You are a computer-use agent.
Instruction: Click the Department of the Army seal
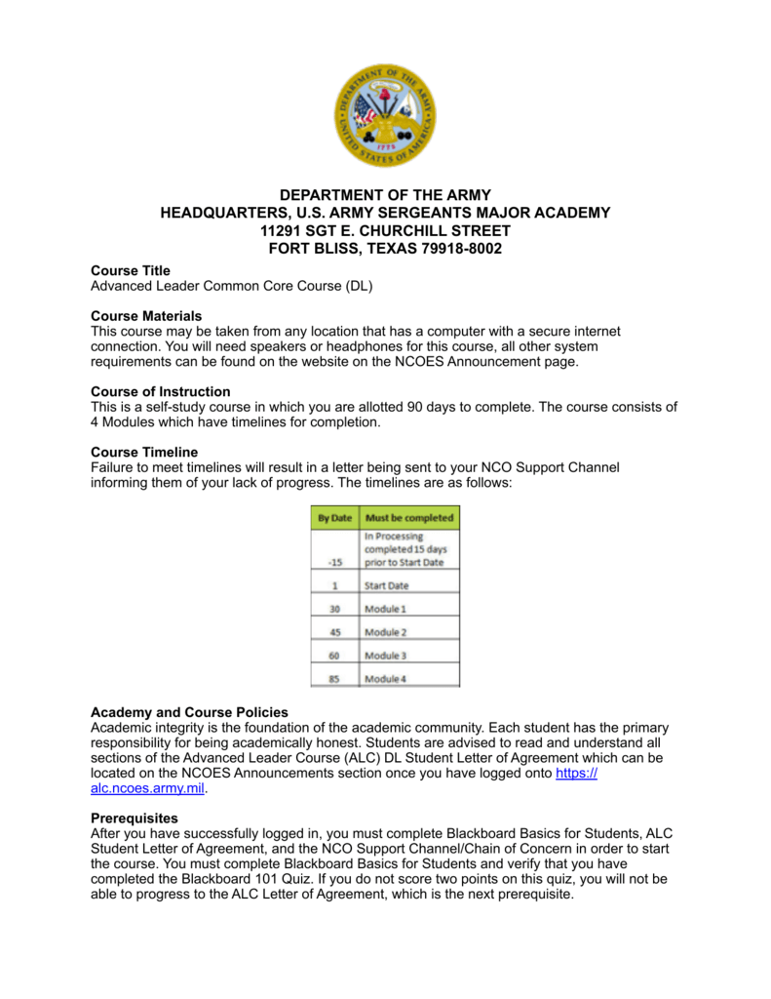385,115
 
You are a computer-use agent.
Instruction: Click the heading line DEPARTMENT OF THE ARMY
385,195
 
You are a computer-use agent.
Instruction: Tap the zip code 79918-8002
463,248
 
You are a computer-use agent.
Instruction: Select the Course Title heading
130,270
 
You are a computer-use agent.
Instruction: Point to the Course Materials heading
146,316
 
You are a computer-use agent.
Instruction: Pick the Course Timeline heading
143,452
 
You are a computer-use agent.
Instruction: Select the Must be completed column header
409,517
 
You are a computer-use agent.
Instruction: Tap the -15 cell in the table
334,563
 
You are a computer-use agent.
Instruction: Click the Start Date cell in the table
387,585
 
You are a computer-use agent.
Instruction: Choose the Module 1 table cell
385,609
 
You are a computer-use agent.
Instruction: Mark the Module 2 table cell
385,632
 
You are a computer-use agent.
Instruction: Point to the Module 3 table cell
385,656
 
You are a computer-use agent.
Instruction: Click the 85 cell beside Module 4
334,679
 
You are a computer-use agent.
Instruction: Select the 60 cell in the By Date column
334,656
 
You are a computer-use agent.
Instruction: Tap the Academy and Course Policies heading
189,711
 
